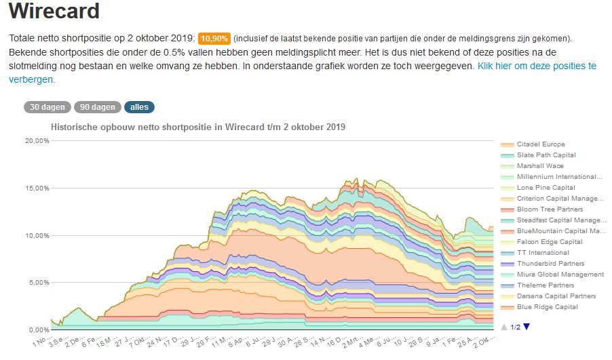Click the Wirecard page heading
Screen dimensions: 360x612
tap(54, 12)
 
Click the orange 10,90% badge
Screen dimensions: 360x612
tap(214, 38)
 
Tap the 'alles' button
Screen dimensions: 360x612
tap(139, 106)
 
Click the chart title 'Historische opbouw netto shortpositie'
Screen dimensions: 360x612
tap(198, 127)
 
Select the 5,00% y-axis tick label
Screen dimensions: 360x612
tap(37, 283)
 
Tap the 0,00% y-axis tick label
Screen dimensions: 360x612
tap(37, 329)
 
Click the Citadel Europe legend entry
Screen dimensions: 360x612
tap(540, 144)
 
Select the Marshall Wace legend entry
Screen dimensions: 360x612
tap(540, 166)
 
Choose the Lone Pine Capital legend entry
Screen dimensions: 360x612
tap(546, 188)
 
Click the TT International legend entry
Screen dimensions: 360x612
tap(543, 253)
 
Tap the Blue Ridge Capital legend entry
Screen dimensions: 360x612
tap(547, 307)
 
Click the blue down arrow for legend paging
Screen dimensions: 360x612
tap(527, 327)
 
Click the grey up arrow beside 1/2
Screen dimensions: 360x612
tap(503, 327)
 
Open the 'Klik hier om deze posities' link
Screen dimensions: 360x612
tap(537, 66)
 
